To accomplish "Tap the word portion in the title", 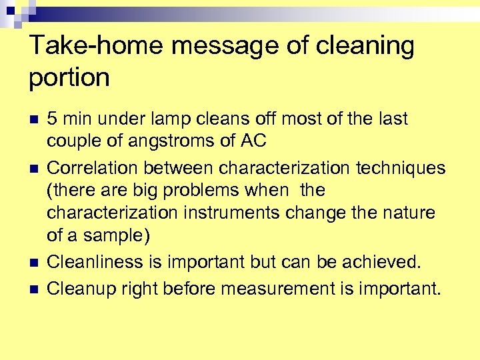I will point(69,77).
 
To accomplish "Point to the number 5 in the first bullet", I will point(52,119).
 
